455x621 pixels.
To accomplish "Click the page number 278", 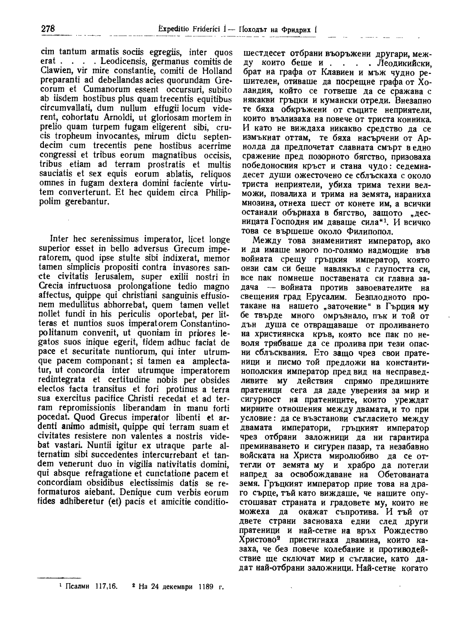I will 47,29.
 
